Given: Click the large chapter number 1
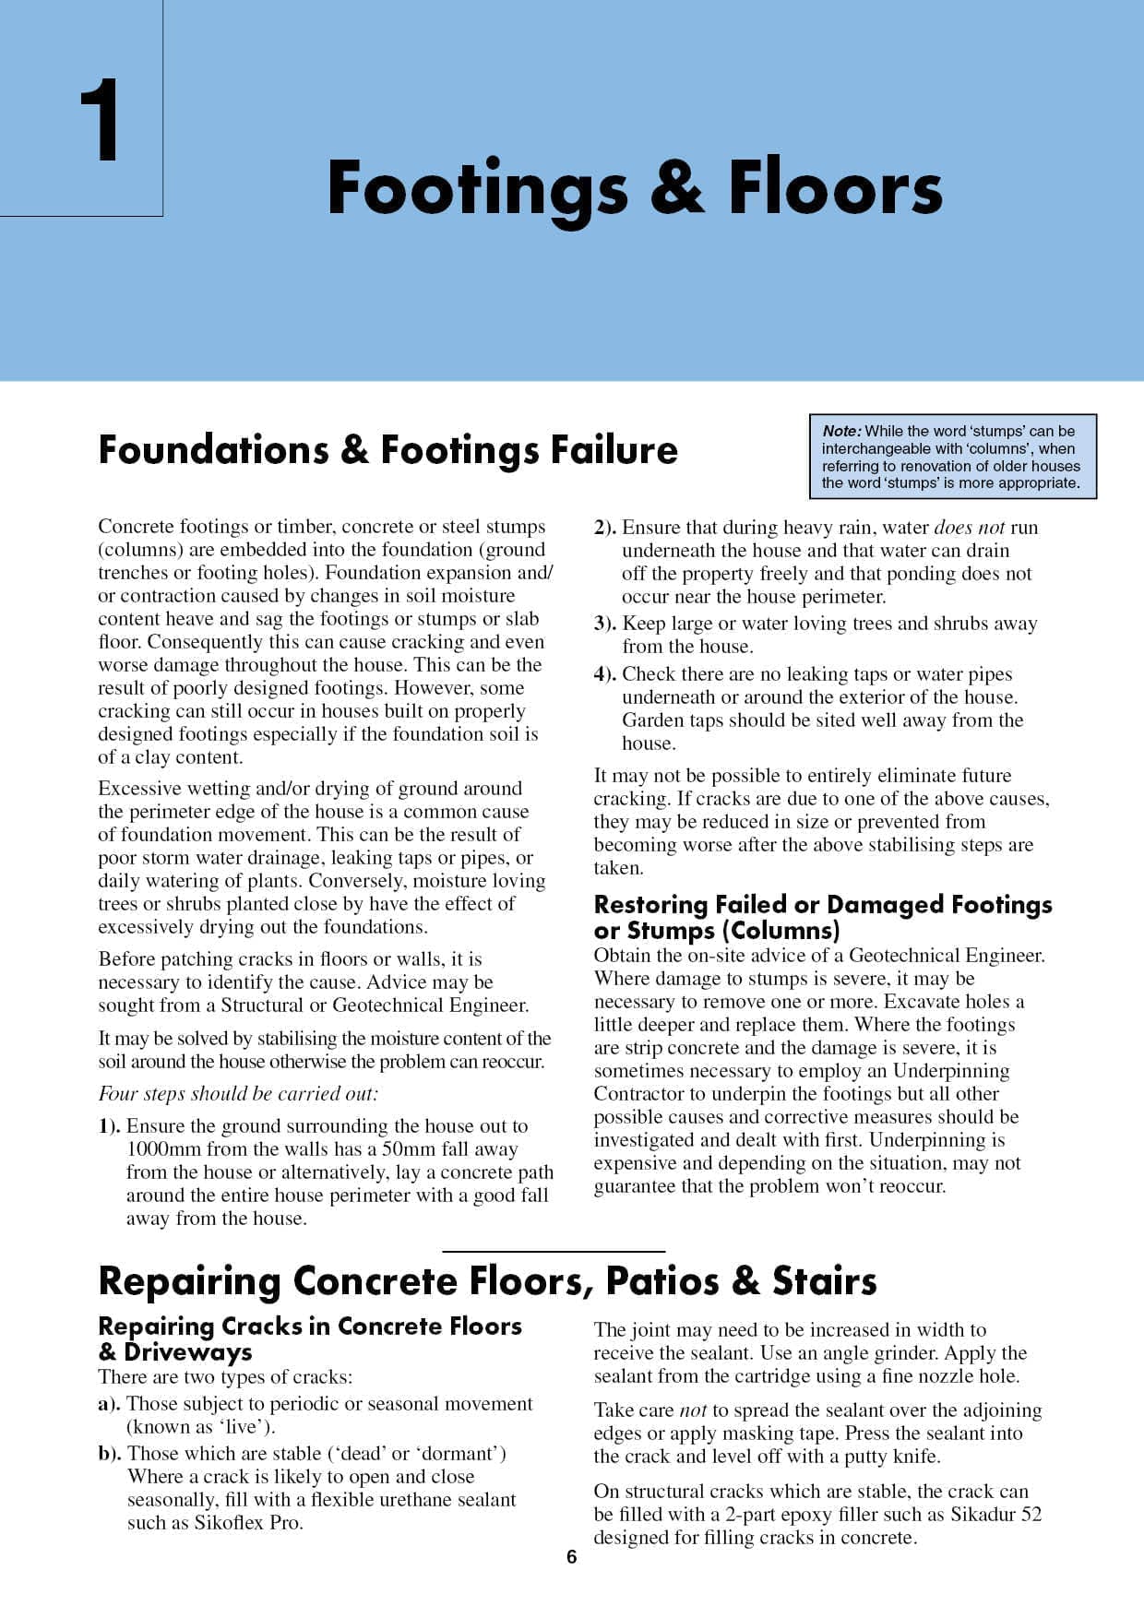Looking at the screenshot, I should click(100, 121).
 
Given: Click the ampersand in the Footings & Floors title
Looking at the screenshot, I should click(677, 188).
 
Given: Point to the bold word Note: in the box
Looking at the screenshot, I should click(841, 431).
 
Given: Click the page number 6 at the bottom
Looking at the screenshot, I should click(571, 1557).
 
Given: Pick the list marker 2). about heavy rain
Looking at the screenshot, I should click(605, 528).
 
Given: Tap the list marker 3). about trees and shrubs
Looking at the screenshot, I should click(605, 624).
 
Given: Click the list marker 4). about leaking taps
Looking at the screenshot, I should click(605, 674).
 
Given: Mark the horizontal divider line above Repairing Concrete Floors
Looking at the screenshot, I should click(554, 1251).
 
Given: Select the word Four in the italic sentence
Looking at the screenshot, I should click(117, 1094).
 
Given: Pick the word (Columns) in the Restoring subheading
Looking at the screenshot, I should click(783, 930).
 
